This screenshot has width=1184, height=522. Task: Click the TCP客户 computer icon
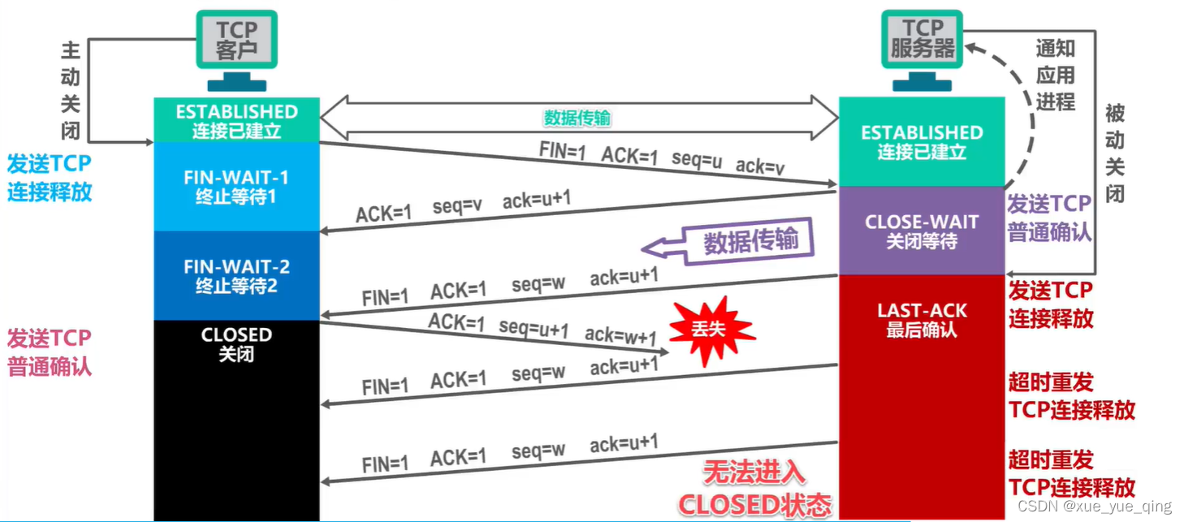pyautogui.click(x=236, y=49)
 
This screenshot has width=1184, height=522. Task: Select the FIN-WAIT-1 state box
pyautogui.click(x=236, y=187)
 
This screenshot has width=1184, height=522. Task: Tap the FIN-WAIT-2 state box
pyautogui.click(x=236, y=275)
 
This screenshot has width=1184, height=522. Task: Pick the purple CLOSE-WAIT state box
pyautogui.click(x=922, y=231)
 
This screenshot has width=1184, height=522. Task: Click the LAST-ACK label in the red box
pyautogui.click(x=922, y=311)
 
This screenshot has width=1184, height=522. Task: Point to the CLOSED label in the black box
pyautogui.click(x=236, y=334)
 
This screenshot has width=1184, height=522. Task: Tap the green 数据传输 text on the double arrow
pyautogui.click(x=577, y=119)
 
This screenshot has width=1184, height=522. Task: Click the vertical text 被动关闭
pyautogui.click(x=1115, y=154)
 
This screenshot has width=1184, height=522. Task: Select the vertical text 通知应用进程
pyautogui.click(x=1055, y=75)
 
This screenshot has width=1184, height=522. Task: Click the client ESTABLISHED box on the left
pyautogui.click(x=236, y=120)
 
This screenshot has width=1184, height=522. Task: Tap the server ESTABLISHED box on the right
pyautogui.click(x=922, y=141)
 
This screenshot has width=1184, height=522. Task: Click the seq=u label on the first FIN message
pyautogui.click(x=696, y=158)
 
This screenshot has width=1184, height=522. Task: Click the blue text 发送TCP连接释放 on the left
pyautogui.click(x=50, y=178)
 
